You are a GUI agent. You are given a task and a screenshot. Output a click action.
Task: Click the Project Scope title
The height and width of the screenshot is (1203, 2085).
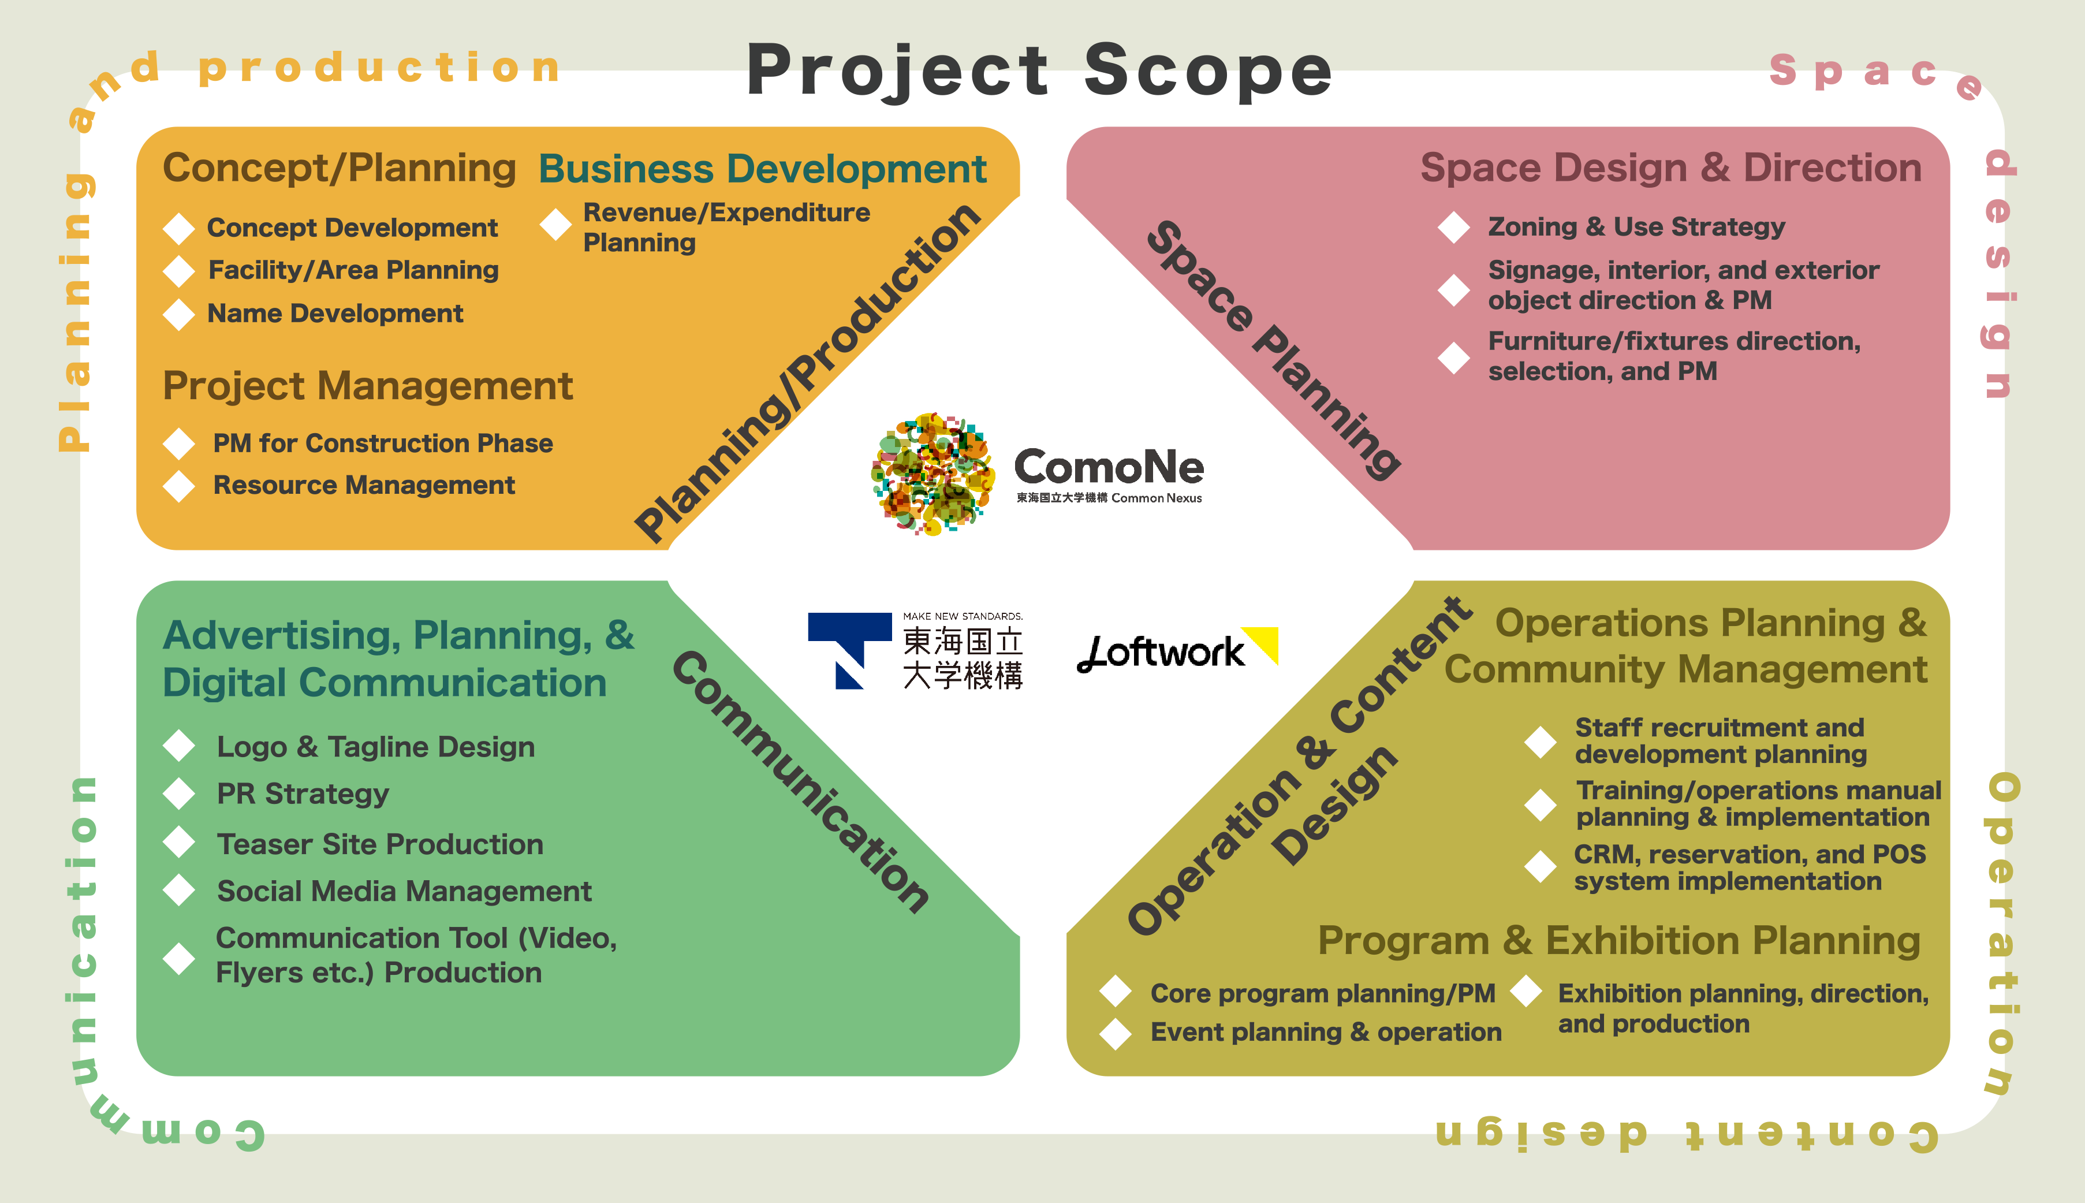[1039, 72]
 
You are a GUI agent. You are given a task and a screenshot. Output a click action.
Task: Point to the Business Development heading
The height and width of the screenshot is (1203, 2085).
[763, 169]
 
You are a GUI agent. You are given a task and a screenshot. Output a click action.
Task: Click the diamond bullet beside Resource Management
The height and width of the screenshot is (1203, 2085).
[178, 486]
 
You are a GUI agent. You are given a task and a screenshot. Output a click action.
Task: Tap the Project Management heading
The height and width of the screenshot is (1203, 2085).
[368, 387]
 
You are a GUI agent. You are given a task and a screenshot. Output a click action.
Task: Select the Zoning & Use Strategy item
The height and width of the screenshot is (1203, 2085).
[1636, 226]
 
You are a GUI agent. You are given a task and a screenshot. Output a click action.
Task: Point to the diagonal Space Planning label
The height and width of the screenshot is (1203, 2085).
[1273, 351]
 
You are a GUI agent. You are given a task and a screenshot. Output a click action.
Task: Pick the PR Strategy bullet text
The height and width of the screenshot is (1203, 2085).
[303, 794]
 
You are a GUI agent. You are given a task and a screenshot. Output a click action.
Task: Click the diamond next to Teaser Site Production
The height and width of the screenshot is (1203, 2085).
[178, 843]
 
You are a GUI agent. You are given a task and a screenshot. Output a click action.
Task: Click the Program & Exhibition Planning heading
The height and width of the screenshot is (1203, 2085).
[1618, 941]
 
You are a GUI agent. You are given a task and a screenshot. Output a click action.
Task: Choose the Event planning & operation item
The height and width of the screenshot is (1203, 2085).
[1325, 1032]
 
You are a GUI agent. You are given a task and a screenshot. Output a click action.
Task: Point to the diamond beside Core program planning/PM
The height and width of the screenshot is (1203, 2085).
[1115, 990]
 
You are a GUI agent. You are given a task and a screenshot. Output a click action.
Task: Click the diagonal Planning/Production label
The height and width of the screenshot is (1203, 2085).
[807, 373]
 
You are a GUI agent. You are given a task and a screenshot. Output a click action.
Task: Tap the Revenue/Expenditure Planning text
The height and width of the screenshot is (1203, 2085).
[726, 227]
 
